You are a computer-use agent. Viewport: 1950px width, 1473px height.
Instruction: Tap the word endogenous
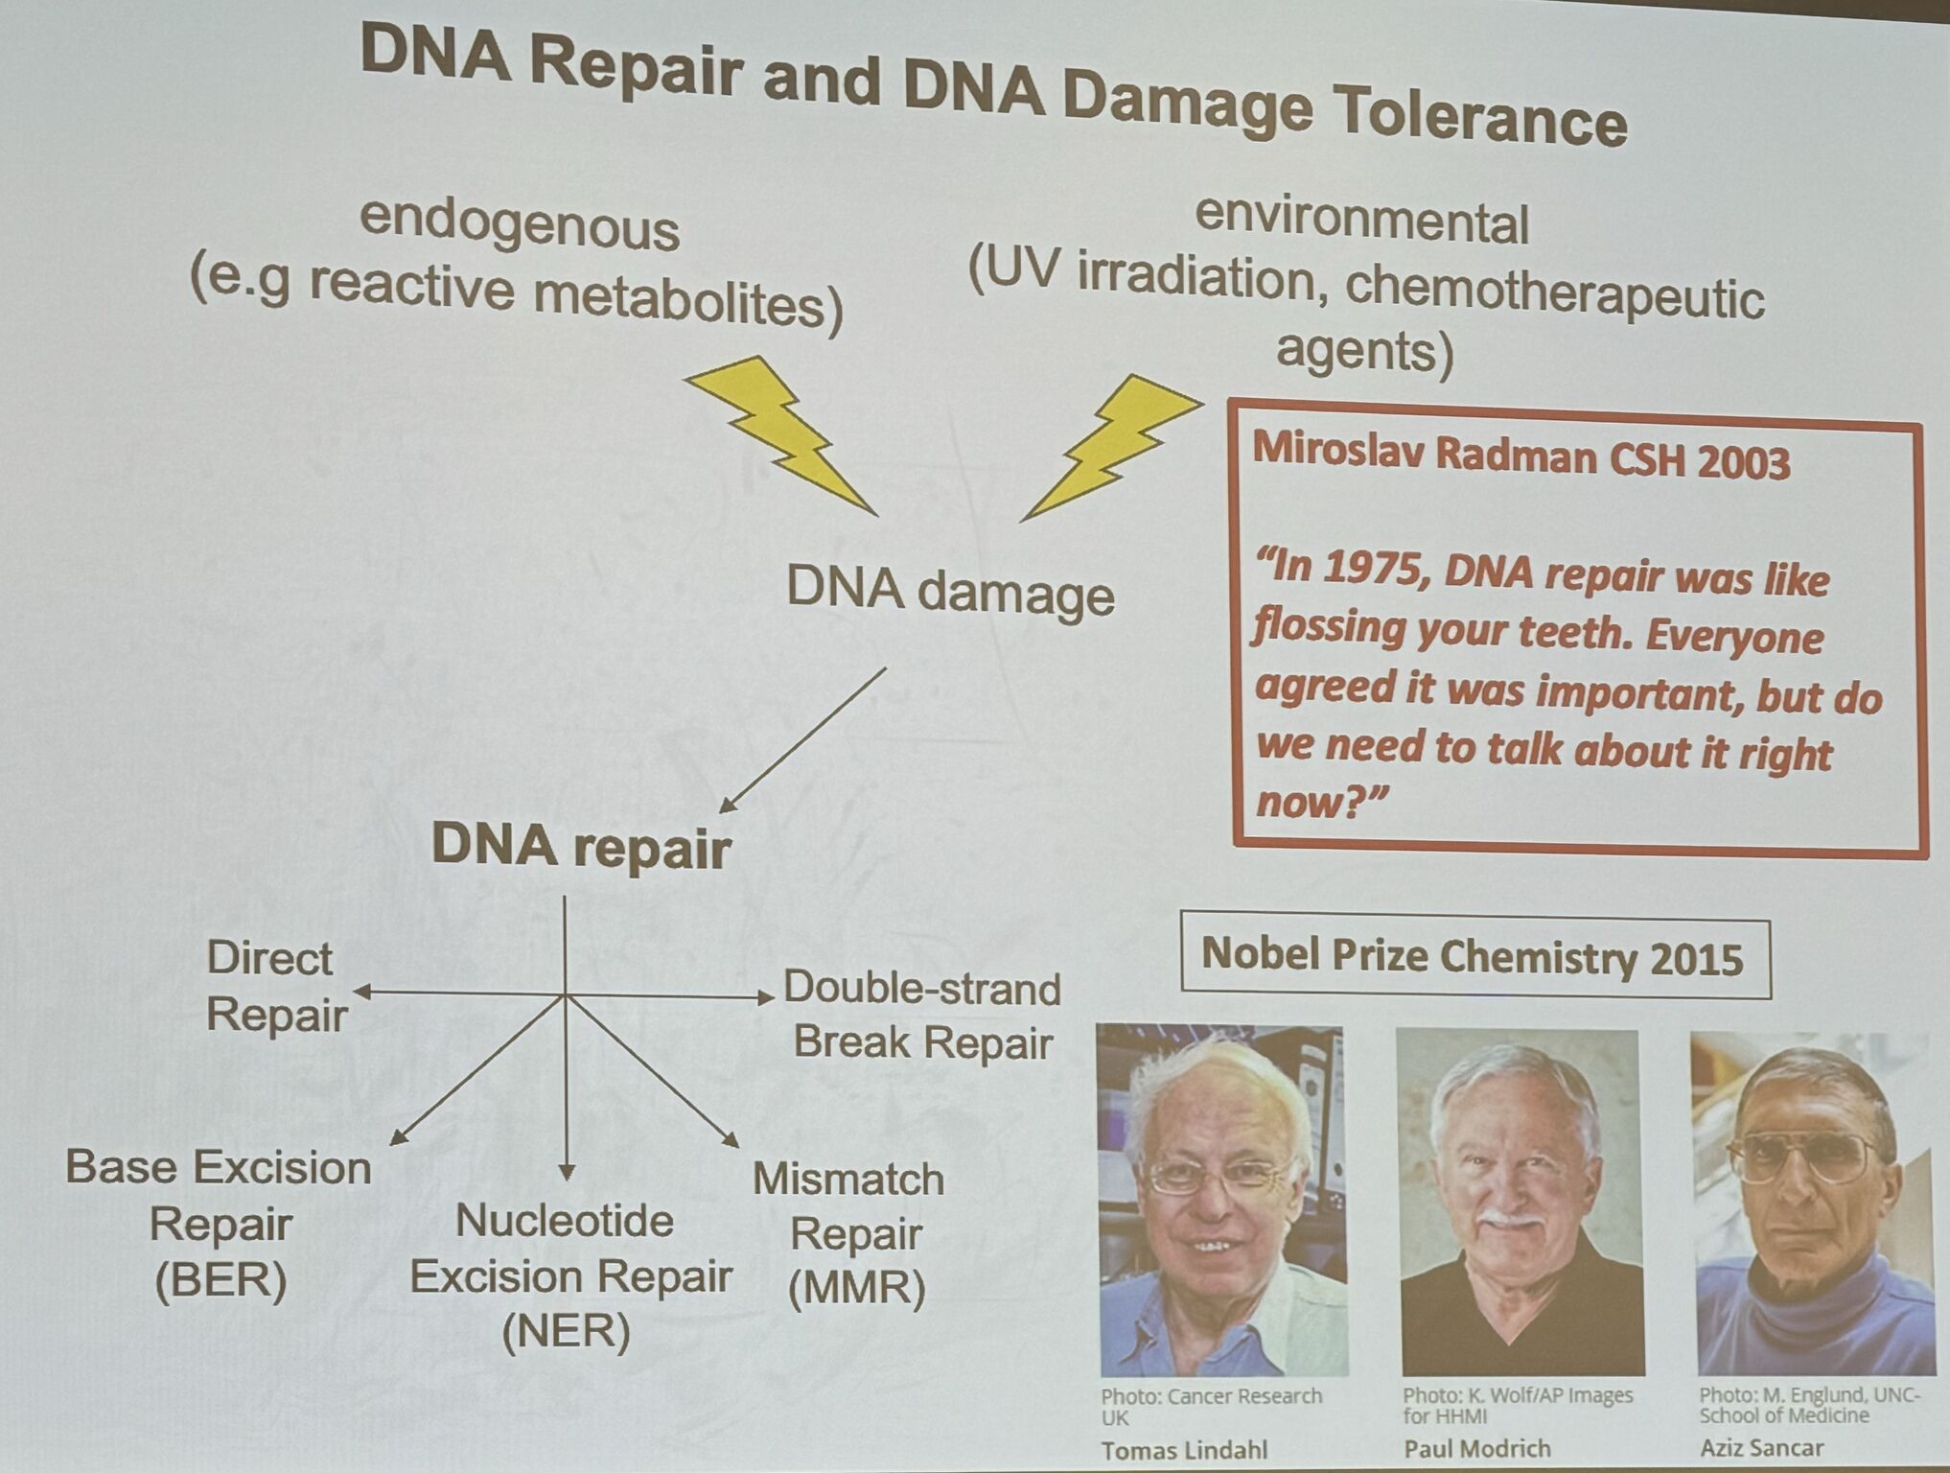pos(519,226)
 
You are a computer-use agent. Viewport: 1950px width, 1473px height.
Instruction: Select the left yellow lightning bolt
pos(779,435)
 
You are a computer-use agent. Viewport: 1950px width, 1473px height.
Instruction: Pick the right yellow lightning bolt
pos(1112,446)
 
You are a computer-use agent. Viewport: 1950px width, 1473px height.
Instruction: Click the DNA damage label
pos(950,591)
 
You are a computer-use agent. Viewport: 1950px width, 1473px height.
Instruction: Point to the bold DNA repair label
pos(581,847)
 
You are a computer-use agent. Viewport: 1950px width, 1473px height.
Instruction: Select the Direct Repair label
pos(276,986)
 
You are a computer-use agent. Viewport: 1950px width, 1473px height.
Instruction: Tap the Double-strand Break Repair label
pos(922,1015)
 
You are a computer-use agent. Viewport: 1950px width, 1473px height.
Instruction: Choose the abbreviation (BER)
pos(221,1280)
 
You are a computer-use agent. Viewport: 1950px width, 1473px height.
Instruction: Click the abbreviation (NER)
pos(567,1331)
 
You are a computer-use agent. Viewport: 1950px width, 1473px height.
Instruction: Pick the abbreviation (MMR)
pos(857,1288)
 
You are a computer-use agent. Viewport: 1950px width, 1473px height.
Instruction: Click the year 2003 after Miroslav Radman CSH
pos(1742,462)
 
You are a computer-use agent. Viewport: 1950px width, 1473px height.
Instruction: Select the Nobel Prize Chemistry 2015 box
pos(1475,956)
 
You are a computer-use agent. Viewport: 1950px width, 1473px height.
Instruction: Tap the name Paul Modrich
pos(1477,1448)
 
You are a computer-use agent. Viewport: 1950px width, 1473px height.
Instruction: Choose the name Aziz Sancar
pos(1761,1446)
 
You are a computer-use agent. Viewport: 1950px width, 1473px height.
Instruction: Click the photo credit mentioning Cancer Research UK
pos(1211,1406)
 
